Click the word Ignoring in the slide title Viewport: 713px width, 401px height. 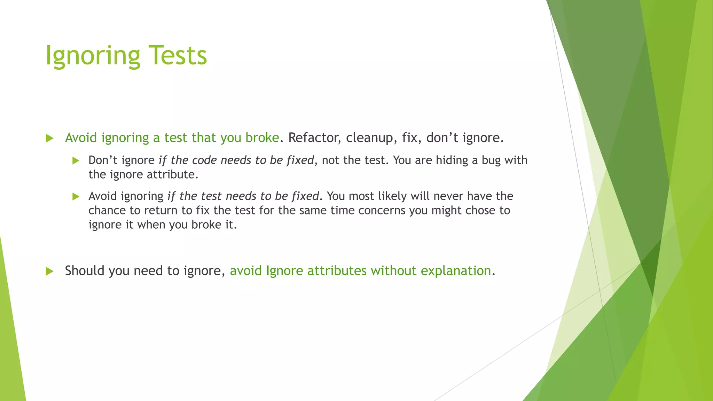[93, 56]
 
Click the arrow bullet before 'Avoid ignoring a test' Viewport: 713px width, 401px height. [49, 138]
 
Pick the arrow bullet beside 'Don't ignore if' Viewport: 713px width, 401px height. [76, 160]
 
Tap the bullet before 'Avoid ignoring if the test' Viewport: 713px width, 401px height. [76, 197]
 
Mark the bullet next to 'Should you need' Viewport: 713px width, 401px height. [49, 271]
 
